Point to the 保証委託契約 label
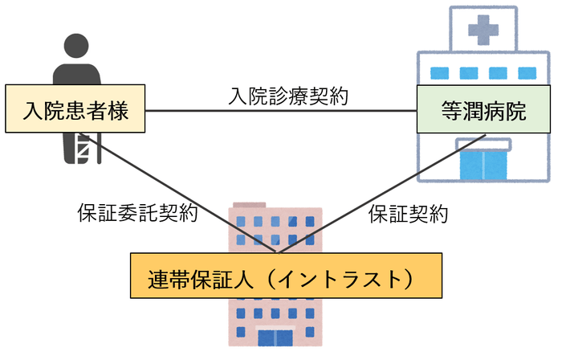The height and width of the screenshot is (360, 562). [137, 214]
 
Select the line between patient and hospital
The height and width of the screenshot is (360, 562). [281, 111]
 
